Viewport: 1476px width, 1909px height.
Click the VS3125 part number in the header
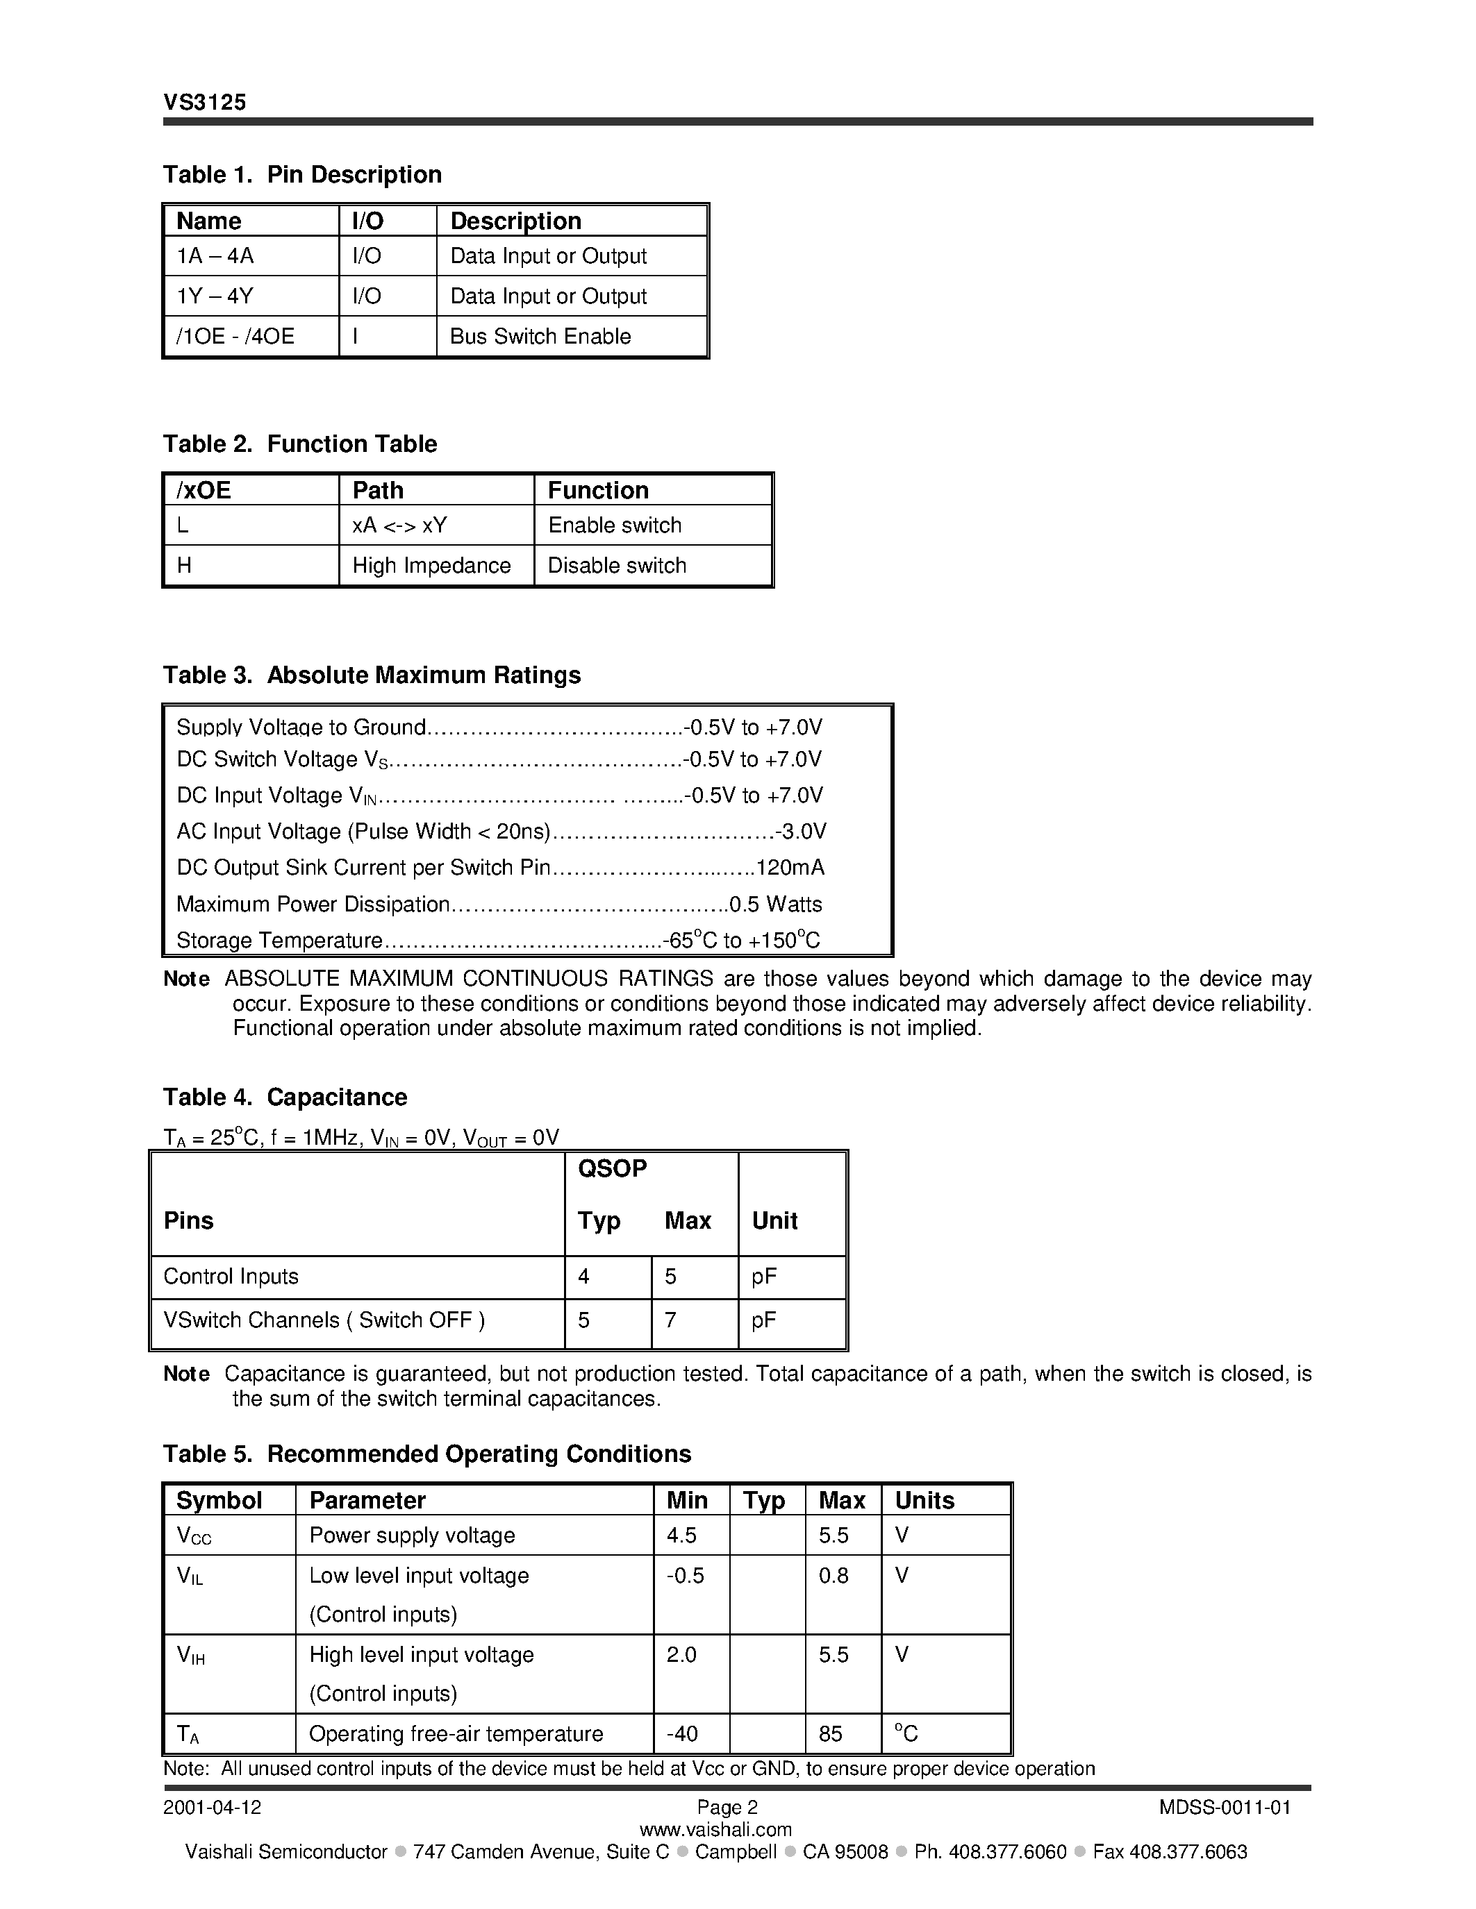(205, 102)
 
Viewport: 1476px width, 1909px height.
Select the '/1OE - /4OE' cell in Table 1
(235, 337)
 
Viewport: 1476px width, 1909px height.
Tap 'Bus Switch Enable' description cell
(540, 337)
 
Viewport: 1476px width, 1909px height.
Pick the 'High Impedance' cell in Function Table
(431, 566)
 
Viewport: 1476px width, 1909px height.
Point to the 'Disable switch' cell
(617, 566)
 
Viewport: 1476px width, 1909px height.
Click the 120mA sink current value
(790, 868)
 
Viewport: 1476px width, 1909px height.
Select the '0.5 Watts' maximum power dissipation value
(776, 904)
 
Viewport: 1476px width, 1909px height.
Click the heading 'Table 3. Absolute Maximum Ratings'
(372, 675)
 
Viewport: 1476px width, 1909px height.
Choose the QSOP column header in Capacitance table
(612, 1168)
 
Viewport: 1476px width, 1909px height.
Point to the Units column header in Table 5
(924, 1501)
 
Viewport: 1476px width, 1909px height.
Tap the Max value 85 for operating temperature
(831, 1734)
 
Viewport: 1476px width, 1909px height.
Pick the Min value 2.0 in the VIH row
(681, 1655)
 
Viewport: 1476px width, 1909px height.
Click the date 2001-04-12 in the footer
(213, 1808)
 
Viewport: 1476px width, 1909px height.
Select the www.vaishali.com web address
(715, 1829)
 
